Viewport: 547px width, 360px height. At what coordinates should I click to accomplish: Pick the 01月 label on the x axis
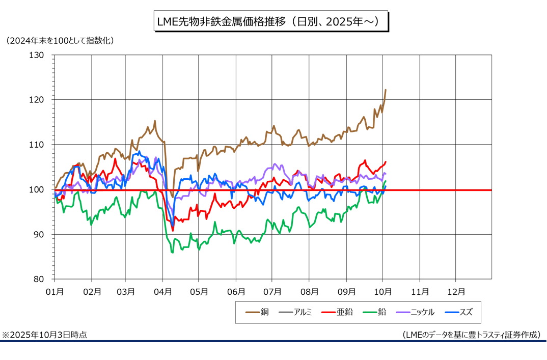tap(54, 292)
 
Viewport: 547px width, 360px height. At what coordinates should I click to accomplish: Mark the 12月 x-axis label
tap(456, 292)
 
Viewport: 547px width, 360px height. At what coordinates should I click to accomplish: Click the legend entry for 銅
tap(258, 312)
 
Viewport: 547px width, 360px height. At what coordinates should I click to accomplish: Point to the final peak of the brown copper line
tap(386, 90)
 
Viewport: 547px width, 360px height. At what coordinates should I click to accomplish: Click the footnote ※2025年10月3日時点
tap(44, 335)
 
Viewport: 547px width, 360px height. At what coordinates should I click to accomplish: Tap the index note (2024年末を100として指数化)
tap(60, 40)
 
